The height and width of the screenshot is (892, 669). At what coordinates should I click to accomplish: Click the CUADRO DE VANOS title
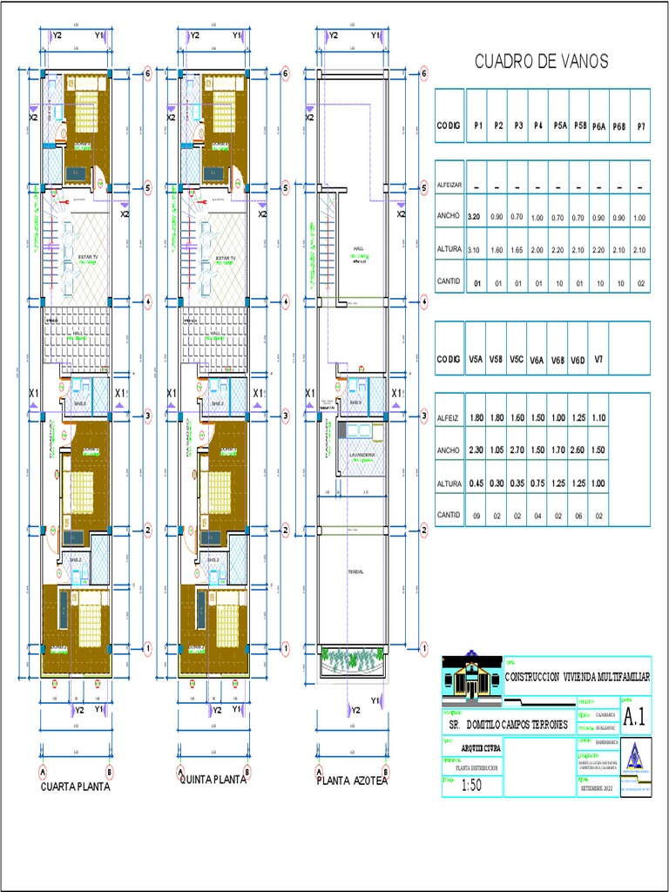[x=541, y=61]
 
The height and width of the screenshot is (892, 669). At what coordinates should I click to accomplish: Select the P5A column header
[x=560, y=126]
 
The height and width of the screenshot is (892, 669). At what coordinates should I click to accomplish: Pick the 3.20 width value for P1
[x=475, y=215]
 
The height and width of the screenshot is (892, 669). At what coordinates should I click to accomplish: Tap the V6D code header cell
[x=578, y=359]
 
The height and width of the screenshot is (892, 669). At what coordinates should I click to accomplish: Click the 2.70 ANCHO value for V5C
[x=517, y=449]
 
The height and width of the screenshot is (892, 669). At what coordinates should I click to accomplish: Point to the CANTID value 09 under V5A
[x=476, y=516]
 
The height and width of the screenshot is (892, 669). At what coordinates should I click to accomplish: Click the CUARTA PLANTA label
[x=76, y=786]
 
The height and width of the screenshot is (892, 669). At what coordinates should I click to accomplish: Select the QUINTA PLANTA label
[x=213, y=780]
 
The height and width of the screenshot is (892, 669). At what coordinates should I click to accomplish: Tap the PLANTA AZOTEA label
[x=352, y=781]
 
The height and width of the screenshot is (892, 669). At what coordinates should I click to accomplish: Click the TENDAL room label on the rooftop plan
[x=355, y=571]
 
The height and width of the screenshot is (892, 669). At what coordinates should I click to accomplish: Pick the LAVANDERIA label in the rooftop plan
[x=362, y=455]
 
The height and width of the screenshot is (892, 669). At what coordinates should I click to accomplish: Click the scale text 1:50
[x=471, y=785]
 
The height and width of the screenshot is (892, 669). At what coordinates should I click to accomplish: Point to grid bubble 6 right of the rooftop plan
[x=423, y=75]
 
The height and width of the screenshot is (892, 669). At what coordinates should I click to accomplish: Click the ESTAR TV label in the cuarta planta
[x=84, y=258]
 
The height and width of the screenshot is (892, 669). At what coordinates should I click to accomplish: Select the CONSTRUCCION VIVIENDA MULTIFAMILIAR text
[x=578, y=677]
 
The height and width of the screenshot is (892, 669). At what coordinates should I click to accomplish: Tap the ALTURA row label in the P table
[x=449, y=249]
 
